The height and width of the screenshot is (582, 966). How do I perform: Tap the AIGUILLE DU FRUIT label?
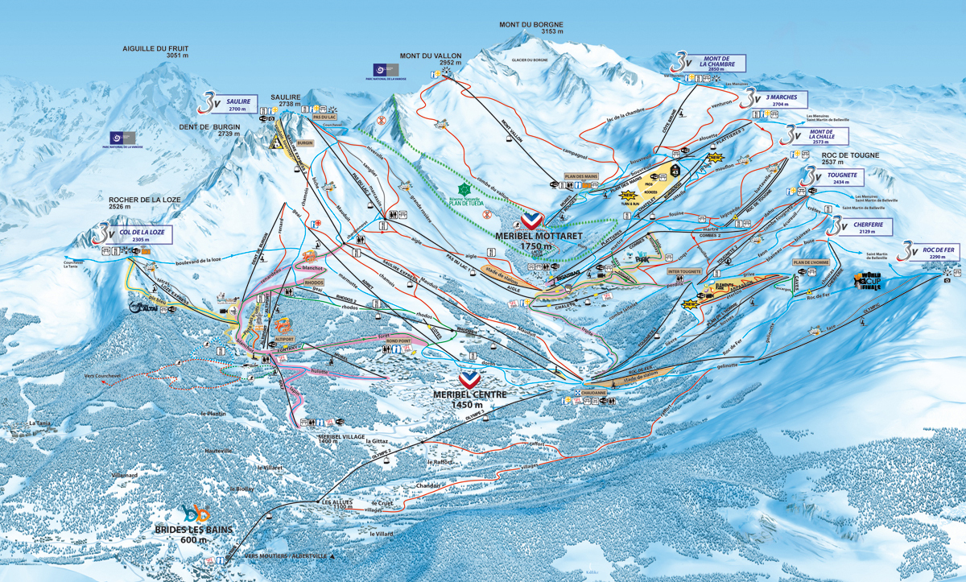[x=155, y=52]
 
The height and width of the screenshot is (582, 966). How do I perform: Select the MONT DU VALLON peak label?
[x=431, y=59]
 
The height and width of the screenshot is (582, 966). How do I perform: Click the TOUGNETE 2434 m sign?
[x=837, y=177]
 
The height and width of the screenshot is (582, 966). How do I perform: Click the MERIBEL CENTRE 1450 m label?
[x=470, y=399]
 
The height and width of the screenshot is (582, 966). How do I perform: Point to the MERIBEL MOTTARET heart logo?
[x=530, y=220]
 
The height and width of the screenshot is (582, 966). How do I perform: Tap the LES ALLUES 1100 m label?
[x=337, y=505]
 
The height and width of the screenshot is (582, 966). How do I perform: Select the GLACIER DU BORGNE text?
[x=534, y=60]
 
